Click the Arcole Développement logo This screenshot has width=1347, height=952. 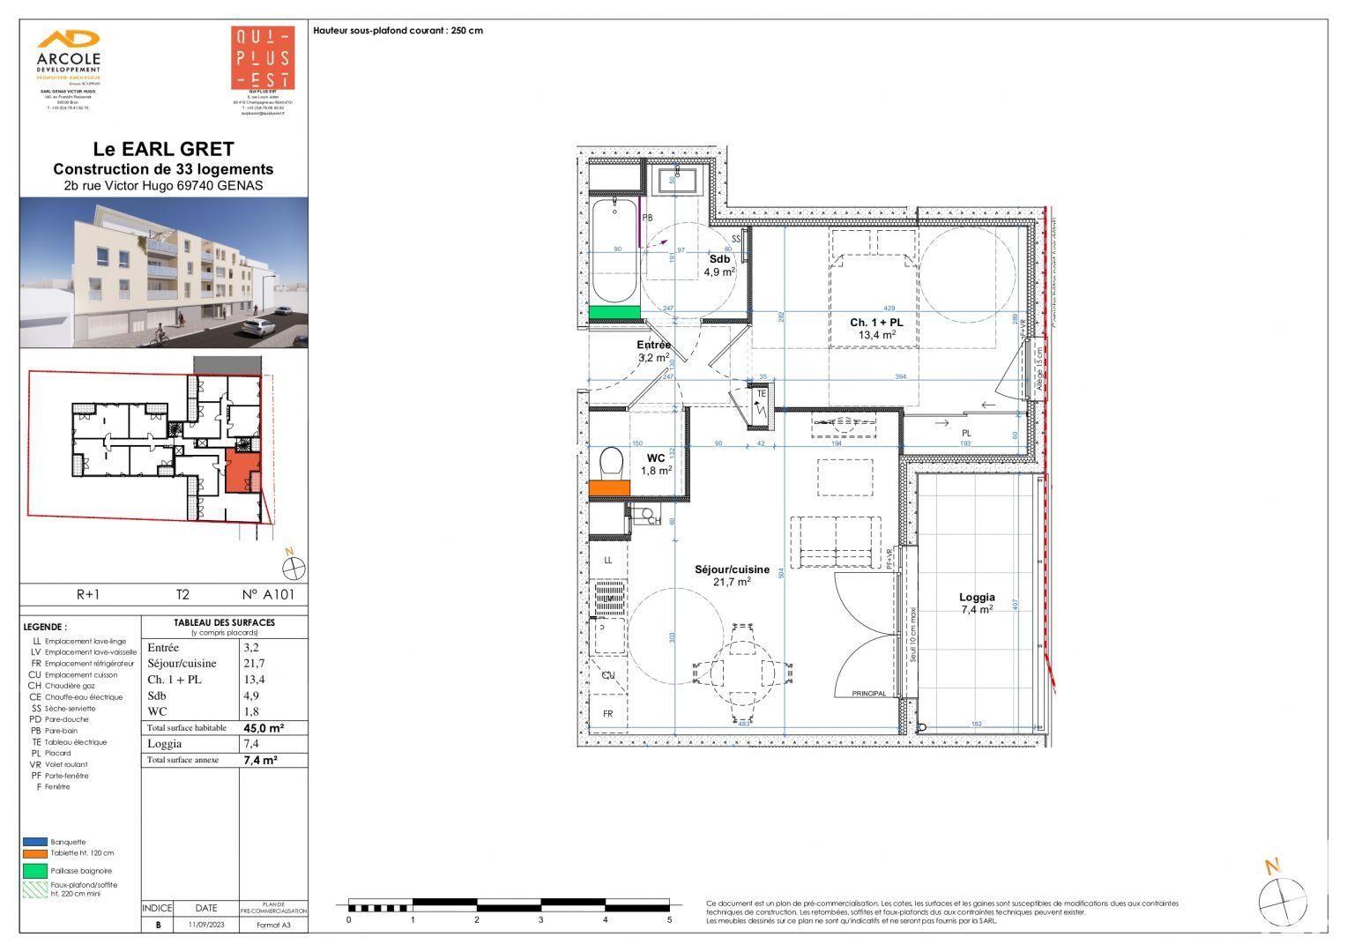coord(68,55)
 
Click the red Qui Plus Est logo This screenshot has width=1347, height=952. coord(262,58)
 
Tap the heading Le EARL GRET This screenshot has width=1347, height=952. coord(163,150)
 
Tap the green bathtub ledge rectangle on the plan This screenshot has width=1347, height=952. coord(614,312)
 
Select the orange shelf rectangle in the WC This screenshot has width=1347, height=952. coord(608,487)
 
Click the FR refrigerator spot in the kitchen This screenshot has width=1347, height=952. coord(607,714)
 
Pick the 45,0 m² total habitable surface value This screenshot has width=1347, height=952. coord(264,728)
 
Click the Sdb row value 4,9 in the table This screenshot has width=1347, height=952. coord(254,695)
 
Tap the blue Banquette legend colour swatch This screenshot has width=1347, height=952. coord(35,842)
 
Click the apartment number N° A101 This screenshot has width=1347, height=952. coord(268,595)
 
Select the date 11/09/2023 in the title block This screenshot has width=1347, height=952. coord(205,926)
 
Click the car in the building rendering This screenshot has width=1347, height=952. coord(257,327)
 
